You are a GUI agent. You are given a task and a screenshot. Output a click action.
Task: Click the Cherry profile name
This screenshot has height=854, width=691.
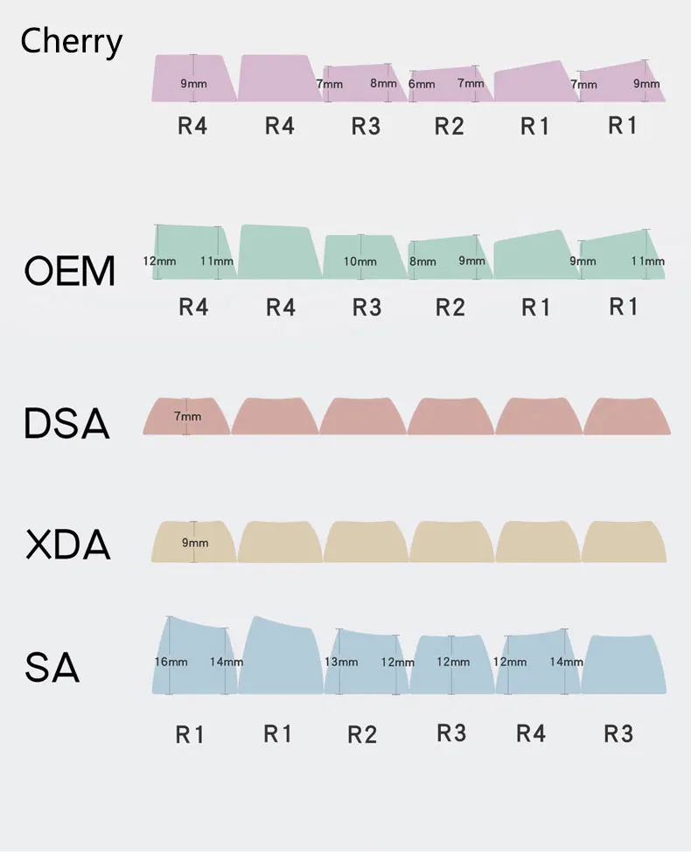click(71, 41)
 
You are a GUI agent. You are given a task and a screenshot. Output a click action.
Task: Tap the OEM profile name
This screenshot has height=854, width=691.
click(69, 272)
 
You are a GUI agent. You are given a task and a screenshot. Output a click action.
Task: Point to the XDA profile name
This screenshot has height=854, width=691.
click(67, 545)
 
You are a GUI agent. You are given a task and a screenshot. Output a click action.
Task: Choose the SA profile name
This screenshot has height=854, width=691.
click(52, 669)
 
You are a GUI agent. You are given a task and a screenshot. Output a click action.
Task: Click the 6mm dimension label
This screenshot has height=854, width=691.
click(422, 85)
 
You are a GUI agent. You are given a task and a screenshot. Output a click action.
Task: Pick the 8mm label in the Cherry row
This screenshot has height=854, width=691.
click(383, 84)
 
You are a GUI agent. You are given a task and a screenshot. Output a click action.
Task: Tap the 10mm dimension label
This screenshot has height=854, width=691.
click(359, 261)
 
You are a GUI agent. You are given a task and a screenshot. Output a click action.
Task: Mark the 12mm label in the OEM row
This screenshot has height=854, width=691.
click(159, 260)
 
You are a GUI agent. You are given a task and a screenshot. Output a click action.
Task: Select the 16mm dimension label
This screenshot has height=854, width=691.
click(171, 662)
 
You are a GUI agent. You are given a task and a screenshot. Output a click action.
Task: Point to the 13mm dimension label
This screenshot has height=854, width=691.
click(341, 662)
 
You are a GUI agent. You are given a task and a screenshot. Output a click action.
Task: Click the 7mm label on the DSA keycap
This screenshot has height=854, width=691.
click(188, 417)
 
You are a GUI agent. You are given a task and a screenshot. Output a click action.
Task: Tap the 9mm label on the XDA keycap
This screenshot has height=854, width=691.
click(195, 543)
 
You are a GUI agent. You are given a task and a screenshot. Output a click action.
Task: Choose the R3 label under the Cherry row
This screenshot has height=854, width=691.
click(366, 126)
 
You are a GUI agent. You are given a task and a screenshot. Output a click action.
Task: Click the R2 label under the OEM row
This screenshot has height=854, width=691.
click(450, 307)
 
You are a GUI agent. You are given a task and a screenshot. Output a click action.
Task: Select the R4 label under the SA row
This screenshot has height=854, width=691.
click(531, 733)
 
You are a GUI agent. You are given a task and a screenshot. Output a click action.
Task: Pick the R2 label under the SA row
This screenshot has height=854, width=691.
click(362, 734)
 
